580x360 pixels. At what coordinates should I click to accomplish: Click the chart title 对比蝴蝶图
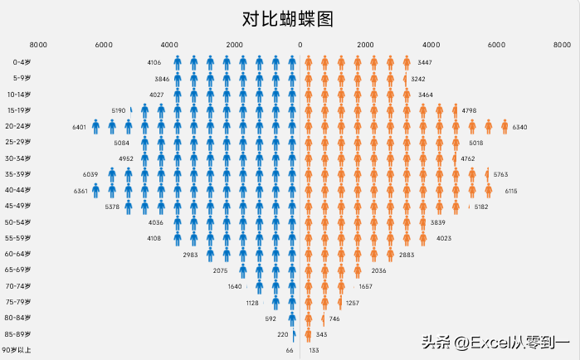290,19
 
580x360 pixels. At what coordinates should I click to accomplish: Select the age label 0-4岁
22,62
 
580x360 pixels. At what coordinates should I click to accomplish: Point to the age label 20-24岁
18,126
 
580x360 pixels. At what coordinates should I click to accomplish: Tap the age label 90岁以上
17,350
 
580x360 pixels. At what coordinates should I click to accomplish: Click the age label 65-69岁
18,270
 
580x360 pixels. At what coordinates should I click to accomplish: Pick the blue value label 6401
80,127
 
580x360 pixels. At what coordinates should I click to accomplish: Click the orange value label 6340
519,127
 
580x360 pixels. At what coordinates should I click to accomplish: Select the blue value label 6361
80,191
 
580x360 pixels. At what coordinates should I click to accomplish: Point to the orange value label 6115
511,191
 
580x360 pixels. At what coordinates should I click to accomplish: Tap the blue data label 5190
119,110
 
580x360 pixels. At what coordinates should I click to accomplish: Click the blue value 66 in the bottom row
290,350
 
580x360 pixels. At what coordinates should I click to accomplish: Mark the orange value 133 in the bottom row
314,350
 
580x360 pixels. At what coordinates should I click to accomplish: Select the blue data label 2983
190,255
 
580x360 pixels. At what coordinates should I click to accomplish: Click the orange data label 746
334,319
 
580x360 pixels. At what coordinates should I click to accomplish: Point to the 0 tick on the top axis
300,45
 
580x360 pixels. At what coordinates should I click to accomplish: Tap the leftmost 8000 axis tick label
38,45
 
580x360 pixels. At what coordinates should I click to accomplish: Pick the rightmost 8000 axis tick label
561,45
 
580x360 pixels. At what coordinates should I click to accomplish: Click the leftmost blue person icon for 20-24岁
96,126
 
